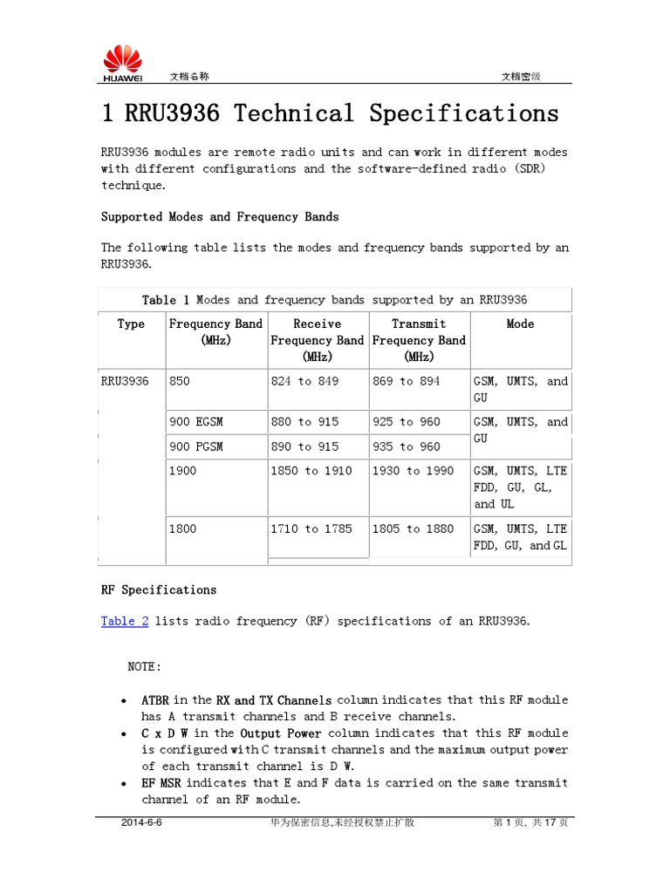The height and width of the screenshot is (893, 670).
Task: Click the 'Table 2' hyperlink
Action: pos(125,621)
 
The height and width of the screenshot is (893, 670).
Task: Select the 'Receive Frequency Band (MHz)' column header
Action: pos(318,340)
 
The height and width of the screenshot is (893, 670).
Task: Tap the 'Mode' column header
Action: pos(520,324)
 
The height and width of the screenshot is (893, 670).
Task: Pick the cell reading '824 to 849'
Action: pos(304,381)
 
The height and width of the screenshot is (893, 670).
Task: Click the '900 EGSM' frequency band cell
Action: pos(196,421)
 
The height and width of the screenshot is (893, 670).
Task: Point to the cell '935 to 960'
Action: pos(406,446)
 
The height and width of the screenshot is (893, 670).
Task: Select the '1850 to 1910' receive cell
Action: pos(311,471)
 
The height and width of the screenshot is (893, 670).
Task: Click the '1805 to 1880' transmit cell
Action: pos(413,528)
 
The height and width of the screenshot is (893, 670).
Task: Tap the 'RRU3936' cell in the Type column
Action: pos(125,381)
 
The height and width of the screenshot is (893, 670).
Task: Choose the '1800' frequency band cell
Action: pos(183,528)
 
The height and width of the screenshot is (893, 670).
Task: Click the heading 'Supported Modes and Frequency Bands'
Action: pos(220,216)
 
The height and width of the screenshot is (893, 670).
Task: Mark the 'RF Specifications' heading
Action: pos(159,590)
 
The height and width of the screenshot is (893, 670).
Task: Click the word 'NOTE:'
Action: pos(145,666)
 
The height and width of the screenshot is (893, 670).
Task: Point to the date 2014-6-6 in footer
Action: pos(141,822)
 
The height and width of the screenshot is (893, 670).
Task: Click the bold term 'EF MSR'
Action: pos(161,783)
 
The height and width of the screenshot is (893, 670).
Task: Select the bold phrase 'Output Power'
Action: pos(281,733)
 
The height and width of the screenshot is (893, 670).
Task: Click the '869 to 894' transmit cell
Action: pos(406,381)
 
